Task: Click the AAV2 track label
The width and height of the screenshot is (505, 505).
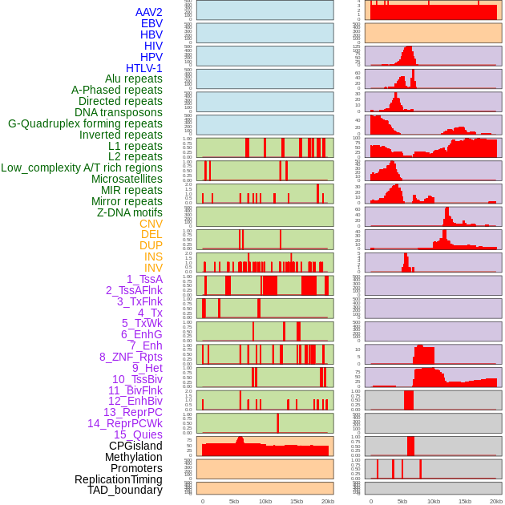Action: [149, 12]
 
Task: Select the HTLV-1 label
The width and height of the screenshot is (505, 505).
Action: [144, 68]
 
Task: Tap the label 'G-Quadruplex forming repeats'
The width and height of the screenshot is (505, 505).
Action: [85, 123]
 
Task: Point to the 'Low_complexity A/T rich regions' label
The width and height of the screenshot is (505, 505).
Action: [82, 168]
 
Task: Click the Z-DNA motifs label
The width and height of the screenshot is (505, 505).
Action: [130, 212]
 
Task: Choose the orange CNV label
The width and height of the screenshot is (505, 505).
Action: [151, 224]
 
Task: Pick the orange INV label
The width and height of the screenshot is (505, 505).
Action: [153, 268]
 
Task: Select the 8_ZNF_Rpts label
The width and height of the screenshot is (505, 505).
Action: [131, 357]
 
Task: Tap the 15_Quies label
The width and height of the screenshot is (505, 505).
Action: [137, 434]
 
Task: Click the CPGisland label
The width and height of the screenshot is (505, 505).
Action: [135, 446]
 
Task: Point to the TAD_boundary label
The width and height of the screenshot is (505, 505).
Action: [125, 490]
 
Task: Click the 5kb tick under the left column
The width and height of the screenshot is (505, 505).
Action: [234, 501]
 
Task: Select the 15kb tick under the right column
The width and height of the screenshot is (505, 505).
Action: [465, 501]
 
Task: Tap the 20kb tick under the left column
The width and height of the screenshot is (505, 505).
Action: [328, 501]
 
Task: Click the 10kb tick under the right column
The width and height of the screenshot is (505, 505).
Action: [434, 501]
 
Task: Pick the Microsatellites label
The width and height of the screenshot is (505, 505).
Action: [127, 179]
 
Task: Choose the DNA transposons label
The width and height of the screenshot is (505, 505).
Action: [119, 112]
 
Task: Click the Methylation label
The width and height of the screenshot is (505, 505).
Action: [128, 457]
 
